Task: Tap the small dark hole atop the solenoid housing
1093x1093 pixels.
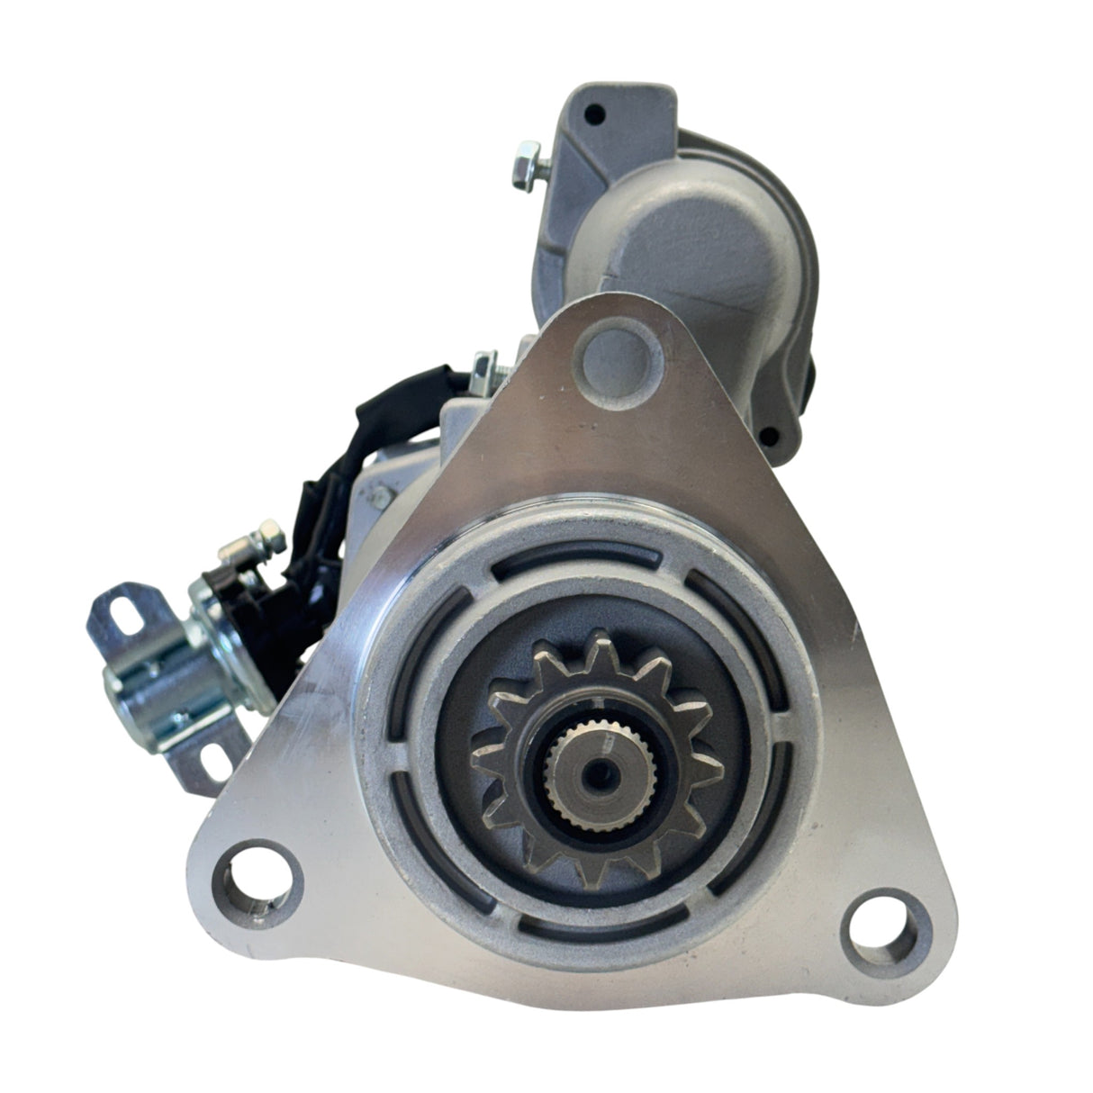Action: coord(592,115)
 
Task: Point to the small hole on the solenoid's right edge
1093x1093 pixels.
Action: coord(769,436)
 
